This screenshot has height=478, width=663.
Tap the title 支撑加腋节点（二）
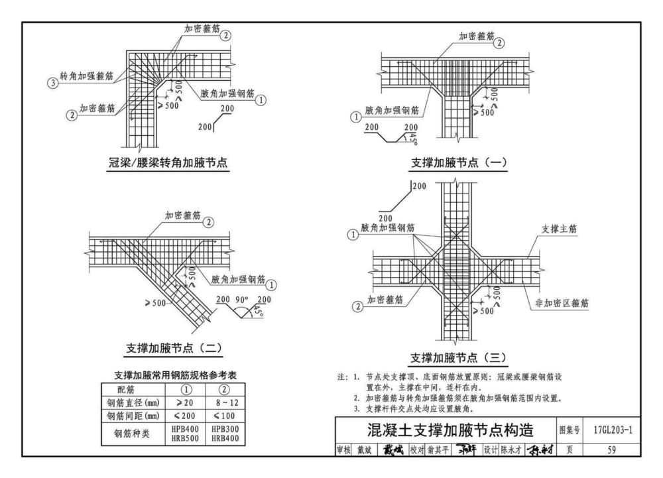(174, 347)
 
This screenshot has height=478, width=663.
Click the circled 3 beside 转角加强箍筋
(52, 83)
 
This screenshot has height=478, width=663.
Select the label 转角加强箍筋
(86, 77)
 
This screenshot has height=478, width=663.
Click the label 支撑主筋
(559, 229)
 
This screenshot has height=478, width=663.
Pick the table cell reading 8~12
(223, 402)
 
